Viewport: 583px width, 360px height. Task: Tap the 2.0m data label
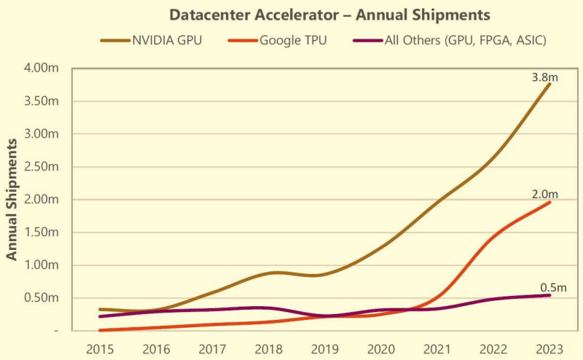[544, 194]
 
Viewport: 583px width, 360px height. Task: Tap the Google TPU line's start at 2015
[100, 330]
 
